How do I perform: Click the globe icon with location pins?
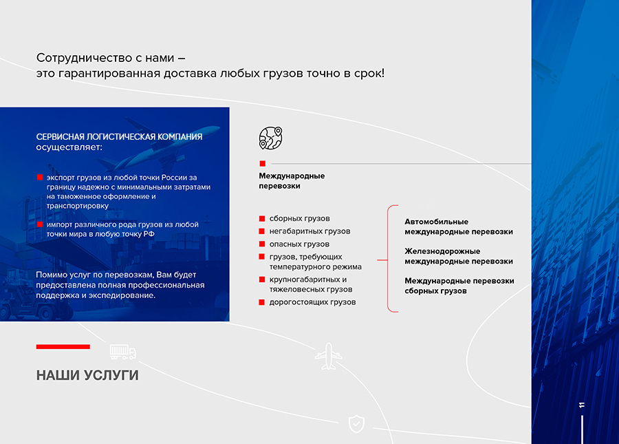pos(271,138)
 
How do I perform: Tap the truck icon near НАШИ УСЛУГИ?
pos(123,352)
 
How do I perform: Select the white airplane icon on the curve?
pos(329,357)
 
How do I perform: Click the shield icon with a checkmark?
pos(356,424)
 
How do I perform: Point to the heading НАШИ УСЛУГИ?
pos(87,375)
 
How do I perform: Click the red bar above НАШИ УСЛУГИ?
pos(63,347)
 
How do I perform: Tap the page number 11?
pos(582,405)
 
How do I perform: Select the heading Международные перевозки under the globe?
pos(292,181)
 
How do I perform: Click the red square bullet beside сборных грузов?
pos(262,218)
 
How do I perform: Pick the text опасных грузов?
pos(299,244)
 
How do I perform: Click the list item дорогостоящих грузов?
pos(312,302)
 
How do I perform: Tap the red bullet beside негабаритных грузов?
pos(262,231)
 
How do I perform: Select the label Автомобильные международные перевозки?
pos(459,226)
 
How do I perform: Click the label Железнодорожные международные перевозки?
pos(459,256)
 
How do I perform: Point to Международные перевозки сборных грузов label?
pos(459,286)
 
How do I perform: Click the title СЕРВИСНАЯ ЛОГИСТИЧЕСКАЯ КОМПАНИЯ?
pos(119,137)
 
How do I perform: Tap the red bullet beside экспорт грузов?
pos(40,178)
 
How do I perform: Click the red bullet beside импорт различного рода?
pos(40,224)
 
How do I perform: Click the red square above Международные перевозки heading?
pos(263,164)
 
